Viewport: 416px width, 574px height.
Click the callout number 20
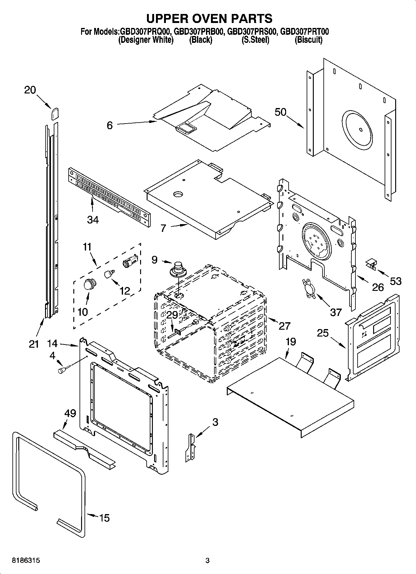[30, 90]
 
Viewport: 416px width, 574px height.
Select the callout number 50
[280, 112]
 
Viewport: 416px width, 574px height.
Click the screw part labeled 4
[62, 369]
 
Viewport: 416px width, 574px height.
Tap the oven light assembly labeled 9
[178, 269]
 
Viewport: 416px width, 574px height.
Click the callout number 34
[93, 220]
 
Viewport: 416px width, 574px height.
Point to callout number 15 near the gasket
[104, 518]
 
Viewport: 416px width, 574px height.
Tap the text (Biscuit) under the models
[308, 40]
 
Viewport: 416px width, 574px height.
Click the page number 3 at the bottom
[208, 561]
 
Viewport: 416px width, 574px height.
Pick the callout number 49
[70, 413]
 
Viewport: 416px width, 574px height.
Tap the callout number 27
[284, 326]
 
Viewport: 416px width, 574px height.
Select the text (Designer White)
[146, 40]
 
